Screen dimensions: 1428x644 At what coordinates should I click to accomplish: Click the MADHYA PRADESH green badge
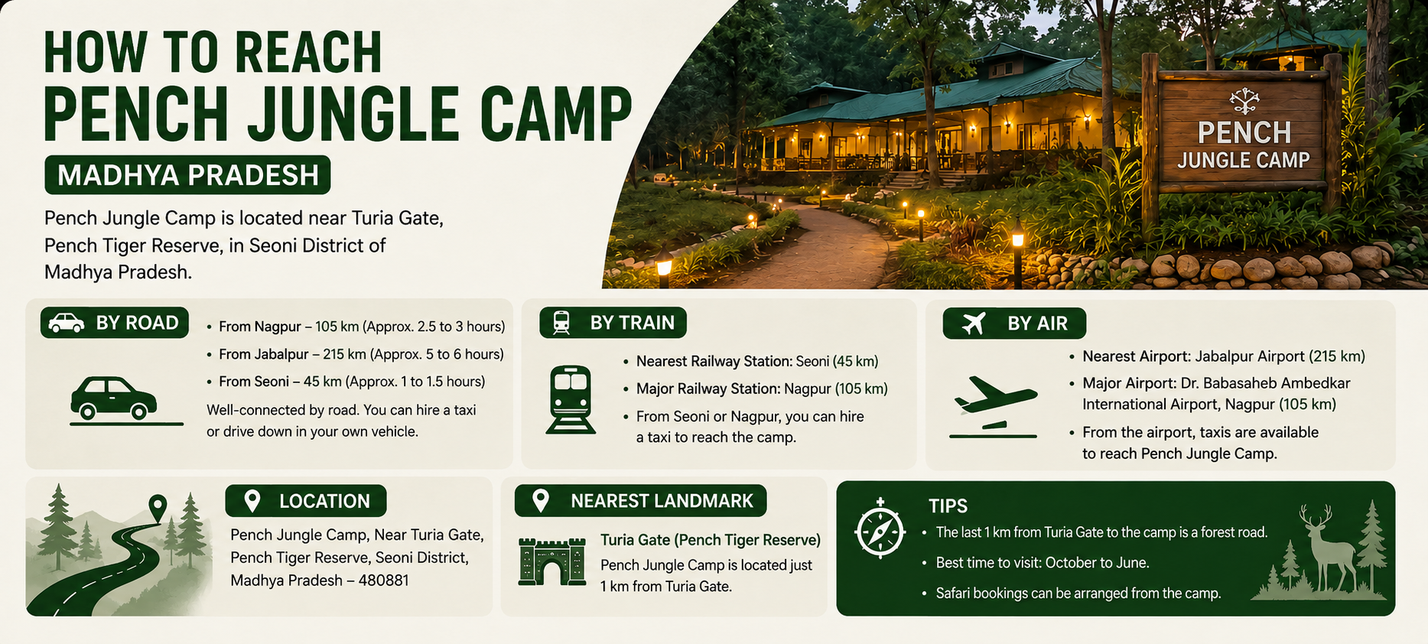coord(187,175)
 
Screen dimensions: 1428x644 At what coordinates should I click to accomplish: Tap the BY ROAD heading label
coord(115,323)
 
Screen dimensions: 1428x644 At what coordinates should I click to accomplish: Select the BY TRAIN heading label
coord(613,323)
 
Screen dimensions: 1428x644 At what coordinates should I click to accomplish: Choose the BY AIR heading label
coord(1014,324)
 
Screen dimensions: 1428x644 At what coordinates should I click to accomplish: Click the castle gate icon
coord(551,561)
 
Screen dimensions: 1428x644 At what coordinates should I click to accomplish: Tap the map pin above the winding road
coord(158,507)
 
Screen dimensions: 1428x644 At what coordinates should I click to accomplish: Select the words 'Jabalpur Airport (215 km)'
coord(1280,356)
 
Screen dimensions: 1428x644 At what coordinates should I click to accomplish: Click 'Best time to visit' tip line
coord(1043,563)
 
